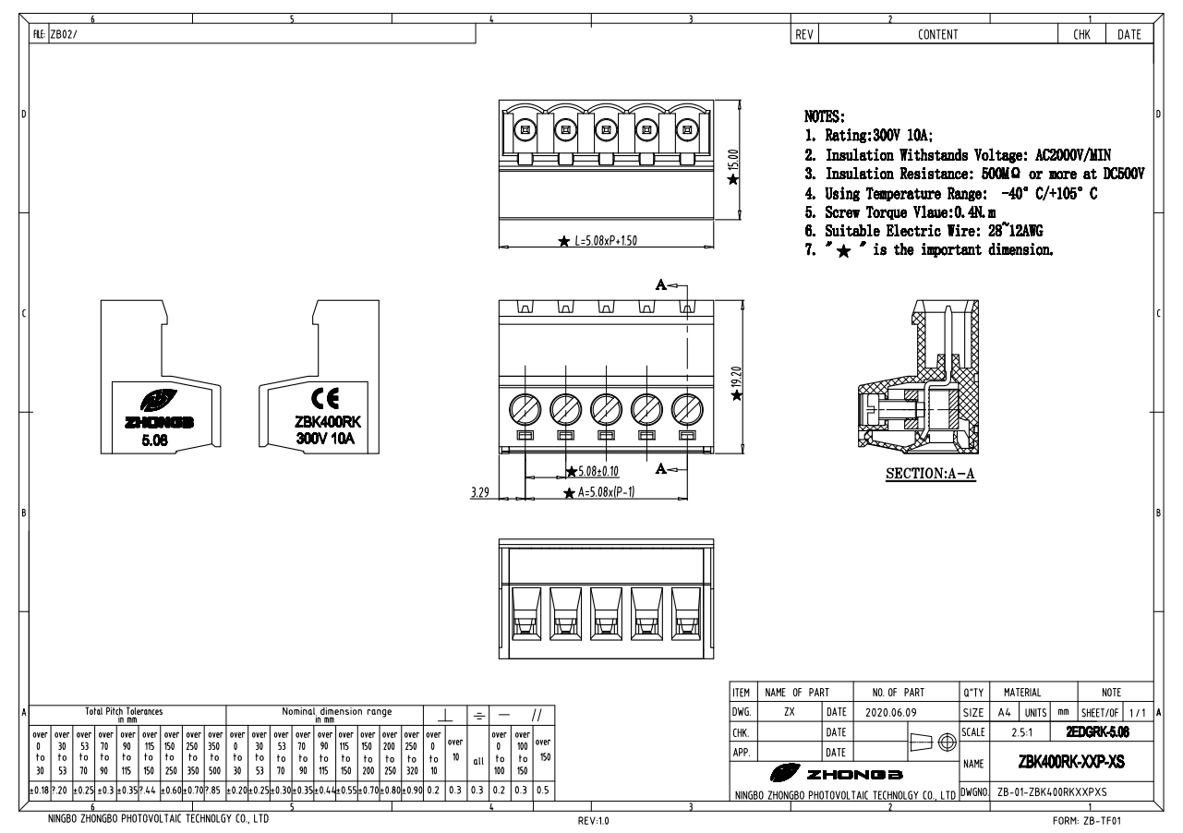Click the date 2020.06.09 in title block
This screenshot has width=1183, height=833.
coord(891,714)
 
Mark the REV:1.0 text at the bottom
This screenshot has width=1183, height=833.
coord(591,819)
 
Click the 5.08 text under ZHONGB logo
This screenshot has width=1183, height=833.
coord(155,441)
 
